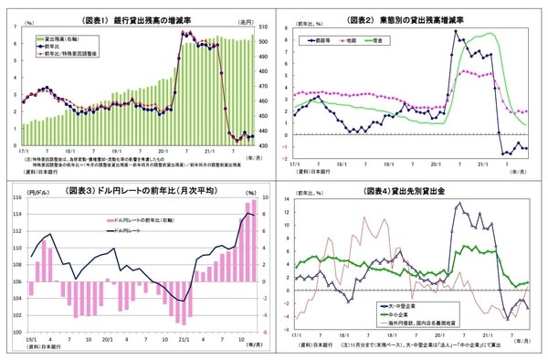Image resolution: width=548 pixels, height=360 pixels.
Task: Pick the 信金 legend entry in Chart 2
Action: (x=398, y=41)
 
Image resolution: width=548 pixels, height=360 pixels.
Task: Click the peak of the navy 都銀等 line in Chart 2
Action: (x=457, y=32)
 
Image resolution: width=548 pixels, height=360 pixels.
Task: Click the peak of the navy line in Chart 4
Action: (x=459, y=203)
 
